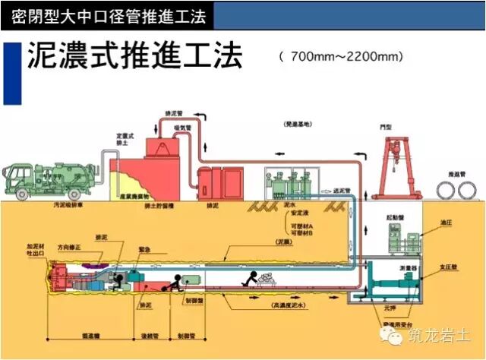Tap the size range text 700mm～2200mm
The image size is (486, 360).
[x=341, y=57]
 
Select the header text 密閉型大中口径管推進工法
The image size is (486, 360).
[x=99, y=14]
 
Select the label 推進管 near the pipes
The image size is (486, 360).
[x=456, y=173]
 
